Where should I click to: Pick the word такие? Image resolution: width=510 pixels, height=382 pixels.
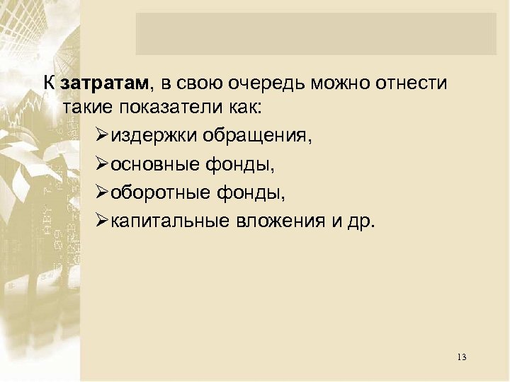(x=88, y=108)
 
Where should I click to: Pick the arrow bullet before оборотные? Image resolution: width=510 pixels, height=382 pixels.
(x=101, y=192)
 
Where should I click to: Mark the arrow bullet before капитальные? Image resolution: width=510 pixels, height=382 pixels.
(x=101, y=221)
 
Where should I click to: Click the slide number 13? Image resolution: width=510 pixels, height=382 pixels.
(x=462, y=356)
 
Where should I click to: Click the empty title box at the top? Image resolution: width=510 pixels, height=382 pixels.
(x=316, y=33)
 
